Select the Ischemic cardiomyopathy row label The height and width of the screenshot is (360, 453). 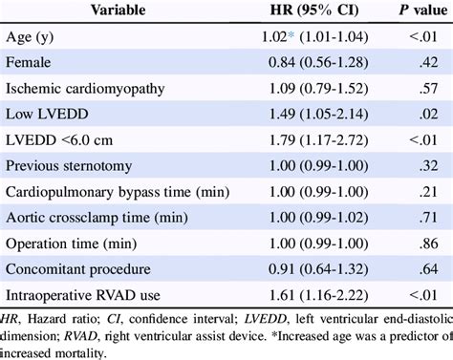(85, 90)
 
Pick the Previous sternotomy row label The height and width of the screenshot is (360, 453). (70, 165)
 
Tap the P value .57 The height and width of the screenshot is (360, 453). (415, 90)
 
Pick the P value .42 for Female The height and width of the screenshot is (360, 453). (415, 64)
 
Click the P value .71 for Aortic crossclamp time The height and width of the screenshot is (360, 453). (415, 216)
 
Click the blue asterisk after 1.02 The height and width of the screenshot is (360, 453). (287, 37)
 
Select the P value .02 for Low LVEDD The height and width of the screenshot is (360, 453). (415, 116)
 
